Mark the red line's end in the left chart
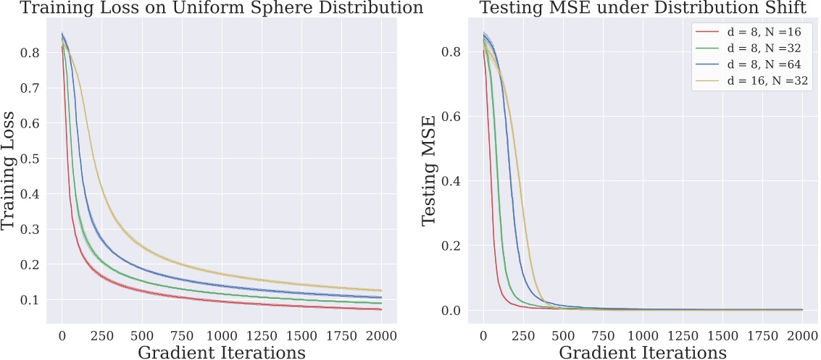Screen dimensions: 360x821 click(380, 309)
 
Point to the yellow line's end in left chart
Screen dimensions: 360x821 click(380, 290)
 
